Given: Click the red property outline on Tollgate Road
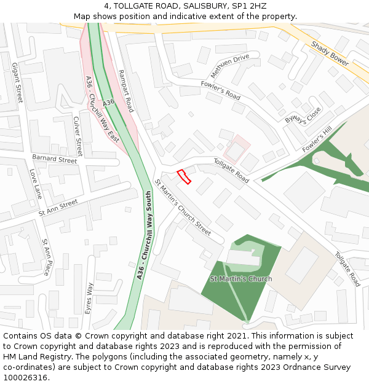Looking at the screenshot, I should pyautogui.click(x=184, y=177).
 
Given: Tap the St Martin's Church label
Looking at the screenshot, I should pyautogui.click(x=241, y=279).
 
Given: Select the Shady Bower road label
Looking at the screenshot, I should pyautogui.click(x=330, y=53).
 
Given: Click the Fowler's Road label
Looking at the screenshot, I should pyautogui.click(x=220, y=90).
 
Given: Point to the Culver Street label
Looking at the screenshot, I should pyautogui.click(x=78, y=136).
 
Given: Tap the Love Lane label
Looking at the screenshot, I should pyautogui.click(x=36, y=184).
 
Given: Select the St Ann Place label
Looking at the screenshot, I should pyautogui.click(x=47, y=256).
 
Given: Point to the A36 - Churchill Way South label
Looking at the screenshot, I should pyautogui.click(x=145, y=235).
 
